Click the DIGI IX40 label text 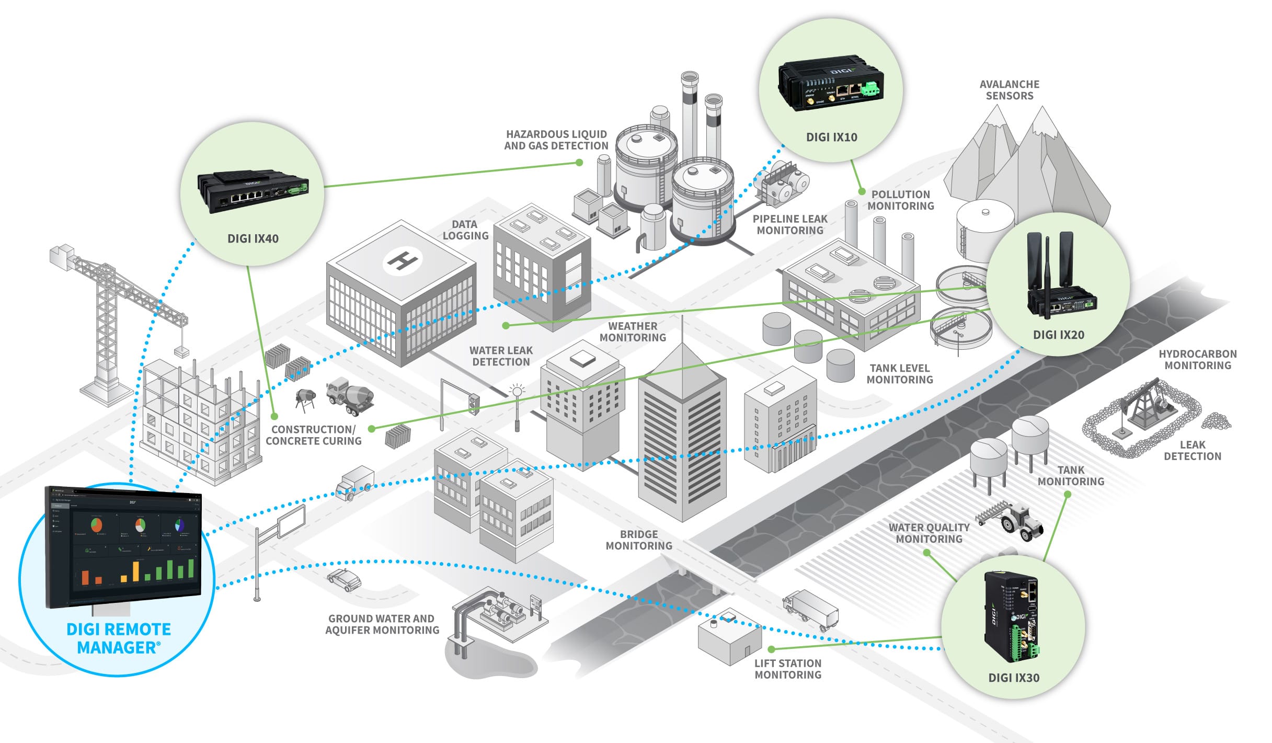point(253,238)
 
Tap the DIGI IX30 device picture point(1012,617)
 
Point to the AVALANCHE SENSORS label point(1009,90)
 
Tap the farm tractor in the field point(1019,520)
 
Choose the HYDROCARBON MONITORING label point(1197,360)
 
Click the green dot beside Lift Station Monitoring point(772,649)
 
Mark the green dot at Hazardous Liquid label point(579,163)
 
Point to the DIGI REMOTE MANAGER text point(119,638)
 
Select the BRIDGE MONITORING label point(639,540)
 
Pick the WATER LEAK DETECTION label point(501,356)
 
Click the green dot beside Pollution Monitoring point(862,192)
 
